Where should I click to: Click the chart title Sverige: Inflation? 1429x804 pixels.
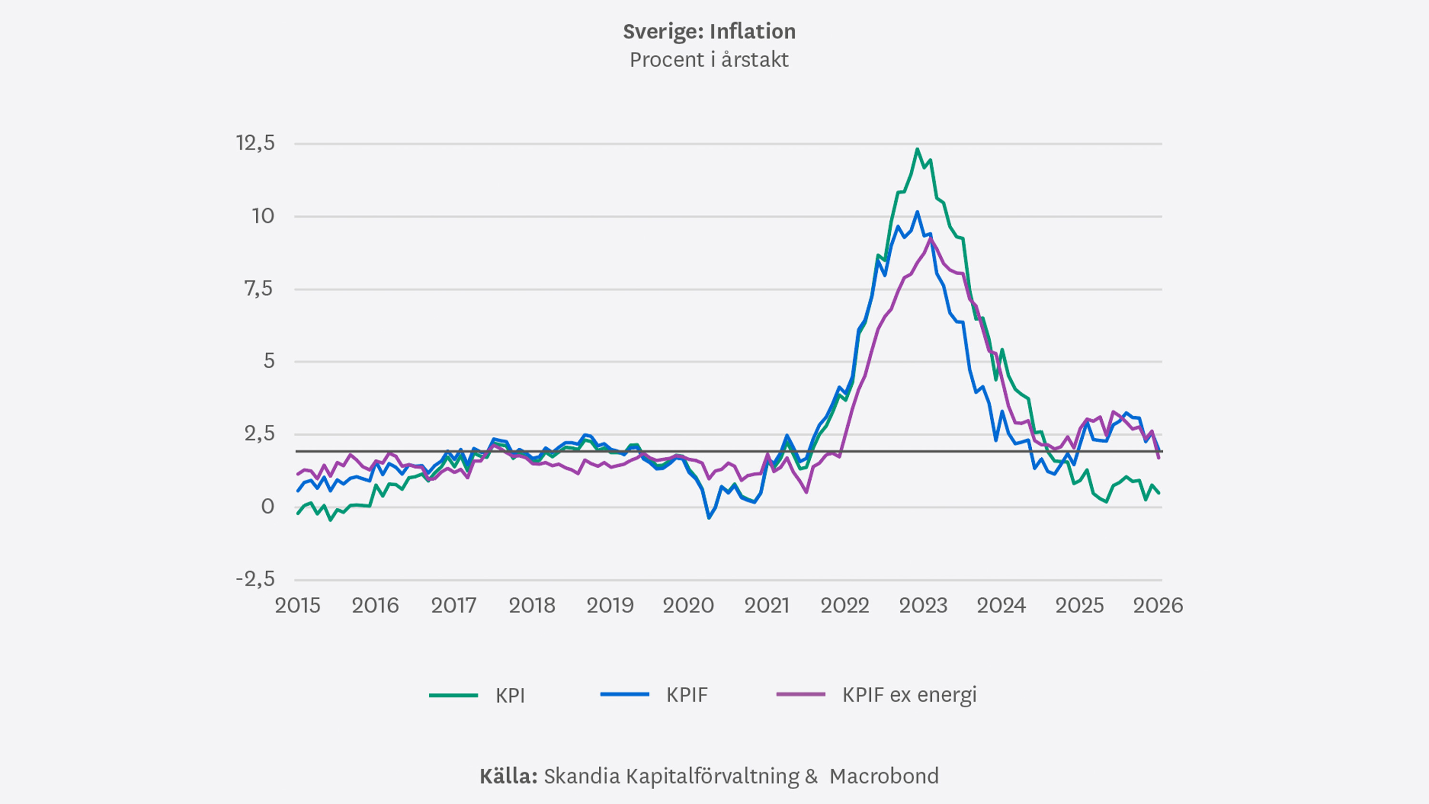coord(709,31)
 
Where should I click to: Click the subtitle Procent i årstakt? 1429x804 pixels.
coord(709,60)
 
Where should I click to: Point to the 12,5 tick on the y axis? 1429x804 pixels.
coord(255,143)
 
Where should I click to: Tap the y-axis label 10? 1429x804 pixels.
coord(263,216)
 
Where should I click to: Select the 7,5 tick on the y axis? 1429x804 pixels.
coord(259,289)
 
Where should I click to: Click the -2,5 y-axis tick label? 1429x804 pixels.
coord(255,579)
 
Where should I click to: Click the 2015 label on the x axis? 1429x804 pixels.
coord(297,605)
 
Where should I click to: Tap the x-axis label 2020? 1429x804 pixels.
coord(688,605)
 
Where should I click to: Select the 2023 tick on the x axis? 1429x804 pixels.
coord(923,605)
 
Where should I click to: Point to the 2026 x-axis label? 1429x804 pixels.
coord(1158,605)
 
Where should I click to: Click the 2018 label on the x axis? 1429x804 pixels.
coord(532,605)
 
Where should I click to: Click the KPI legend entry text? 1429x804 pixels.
coord(510,695)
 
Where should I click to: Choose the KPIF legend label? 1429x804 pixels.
coord(687,695)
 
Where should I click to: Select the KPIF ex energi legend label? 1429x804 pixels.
coord(909,695)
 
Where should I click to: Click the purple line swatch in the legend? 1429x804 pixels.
coord(801,695)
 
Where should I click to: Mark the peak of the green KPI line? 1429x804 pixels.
coord(917,149)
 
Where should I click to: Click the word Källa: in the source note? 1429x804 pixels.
coord(508,776)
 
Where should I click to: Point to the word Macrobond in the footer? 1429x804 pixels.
coord(884,776)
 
